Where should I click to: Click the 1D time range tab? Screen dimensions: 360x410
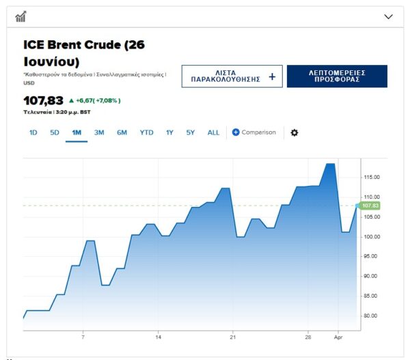(33, 133)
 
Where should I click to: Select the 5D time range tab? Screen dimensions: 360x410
(55, 133)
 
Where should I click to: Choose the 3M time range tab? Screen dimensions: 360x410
(99, 133)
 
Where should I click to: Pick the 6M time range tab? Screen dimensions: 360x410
(122, 133)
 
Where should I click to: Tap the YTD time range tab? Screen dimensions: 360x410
(146, 133)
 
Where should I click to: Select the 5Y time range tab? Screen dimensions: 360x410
(191, 133)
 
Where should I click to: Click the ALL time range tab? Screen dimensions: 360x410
(213, 133)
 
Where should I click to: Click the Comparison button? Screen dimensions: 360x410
(254, 133)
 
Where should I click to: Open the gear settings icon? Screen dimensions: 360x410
(295, 133)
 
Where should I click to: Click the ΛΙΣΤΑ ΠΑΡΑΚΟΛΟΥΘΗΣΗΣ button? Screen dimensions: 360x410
(232, 77)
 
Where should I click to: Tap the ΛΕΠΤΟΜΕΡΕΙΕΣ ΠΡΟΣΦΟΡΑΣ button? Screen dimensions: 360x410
(337, 77)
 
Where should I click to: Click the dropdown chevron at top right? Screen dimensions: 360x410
(389, 16)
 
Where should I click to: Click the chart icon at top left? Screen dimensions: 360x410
(20, 16)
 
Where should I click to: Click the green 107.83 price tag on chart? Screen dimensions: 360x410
(370, 206)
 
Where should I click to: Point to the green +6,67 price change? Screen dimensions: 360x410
(96, 100)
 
